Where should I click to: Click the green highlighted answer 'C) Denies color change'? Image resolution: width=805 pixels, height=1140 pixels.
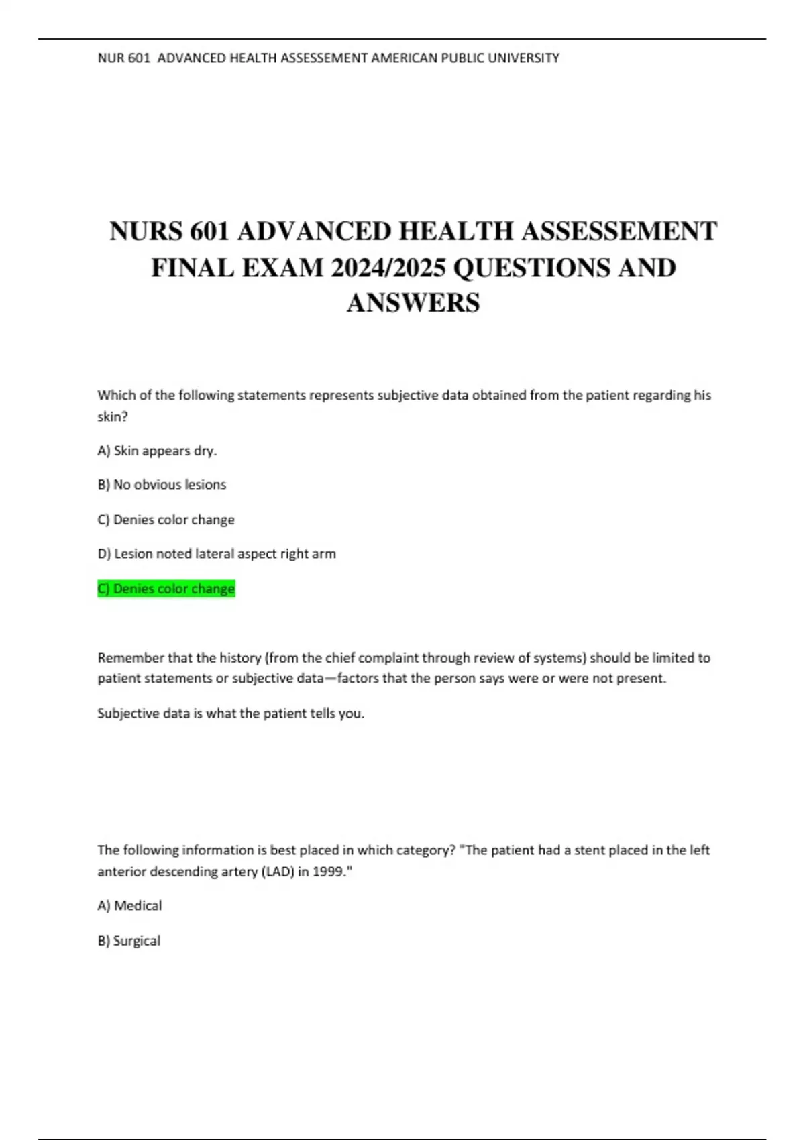click(166, 589)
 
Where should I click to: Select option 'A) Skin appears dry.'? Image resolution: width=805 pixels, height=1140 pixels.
click(157, 451)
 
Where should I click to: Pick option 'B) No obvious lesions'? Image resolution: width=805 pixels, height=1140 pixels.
click(162, 484)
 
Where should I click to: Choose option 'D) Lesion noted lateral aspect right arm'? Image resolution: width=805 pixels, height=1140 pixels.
click(217, 553)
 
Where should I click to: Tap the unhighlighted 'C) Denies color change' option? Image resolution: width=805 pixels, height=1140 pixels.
click(166, 520)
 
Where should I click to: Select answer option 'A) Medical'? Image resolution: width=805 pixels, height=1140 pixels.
click(129, 905)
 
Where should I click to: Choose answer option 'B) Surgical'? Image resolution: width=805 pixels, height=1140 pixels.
click(129, 940)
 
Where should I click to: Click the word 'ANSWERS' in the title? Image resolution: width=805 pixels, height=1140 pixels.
click(413, 302)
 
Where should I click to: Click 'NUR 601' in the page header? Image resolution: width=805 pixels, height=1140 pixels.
click(123, 58)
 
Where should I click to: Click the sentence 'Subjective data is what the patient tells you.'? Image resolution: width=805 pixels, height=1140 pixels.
click(231, 713)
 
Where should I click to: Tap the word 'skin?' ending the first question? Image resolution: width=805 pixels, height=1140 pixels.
click(112, 416)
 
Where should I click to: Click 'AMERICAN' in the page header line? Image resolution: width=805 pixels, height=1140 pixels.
click(404, 58)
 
